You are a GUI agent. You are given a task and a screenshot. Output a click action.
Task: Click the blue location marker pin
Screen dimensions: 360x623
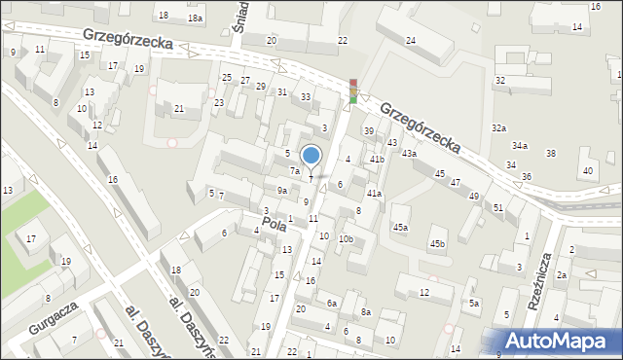click(311, 156)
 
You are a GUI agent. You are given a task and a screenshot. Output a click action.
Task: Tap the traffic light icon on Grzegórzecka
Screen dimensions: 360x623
click(353, 90)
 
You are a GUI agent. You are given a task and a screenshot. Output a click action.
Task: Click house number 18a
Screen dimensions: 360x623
click(195, 18)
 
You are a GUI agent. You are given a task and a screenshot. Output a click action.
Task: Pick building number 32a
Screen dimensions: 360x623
click(498, 127)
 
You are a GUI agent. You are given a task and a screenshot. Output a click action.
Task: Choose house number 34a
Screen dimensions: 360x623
click(520, 146)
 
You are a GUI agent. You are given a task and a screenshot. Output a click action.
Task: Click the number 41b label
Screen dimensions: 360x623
click(377, 159)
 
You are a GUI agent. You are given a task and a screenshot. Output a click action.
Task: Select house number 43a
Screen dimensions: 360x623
click(410, 154)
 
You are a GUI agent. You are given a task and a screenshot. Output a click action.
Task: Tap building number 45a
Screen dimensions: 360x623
click(400, 227)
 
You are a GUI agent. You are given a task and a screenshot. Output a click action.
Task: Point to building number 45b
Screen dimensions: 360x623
click(438, 243)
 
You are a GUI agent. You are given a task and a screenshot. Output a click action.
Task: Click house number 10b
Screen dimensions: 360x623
click(346, 239)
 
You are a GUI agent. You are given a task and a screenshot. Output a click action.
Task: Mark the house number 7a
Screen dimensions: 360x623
click(294, 170)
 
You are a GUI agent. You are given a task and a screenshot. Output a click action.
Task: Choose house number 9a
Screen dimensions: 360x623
click(281, 191)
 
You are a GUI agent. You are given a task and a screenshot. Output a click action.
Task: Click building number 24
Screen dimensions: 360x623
click(411, 40)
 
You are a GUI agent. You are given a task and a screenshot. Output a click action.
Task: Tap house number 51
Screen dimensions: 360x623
click(497, 207)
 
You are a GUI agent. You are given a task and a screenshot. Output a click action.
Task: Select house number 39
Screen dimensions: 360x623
click(369, 130)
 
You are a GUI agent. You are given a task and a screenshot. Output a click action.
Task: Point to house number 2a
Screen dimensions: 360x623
click(562, 275)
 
